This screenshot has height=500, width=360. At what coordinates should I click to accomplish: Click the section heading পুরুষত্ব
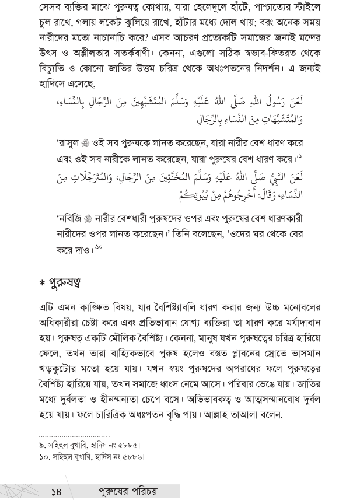60,284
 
